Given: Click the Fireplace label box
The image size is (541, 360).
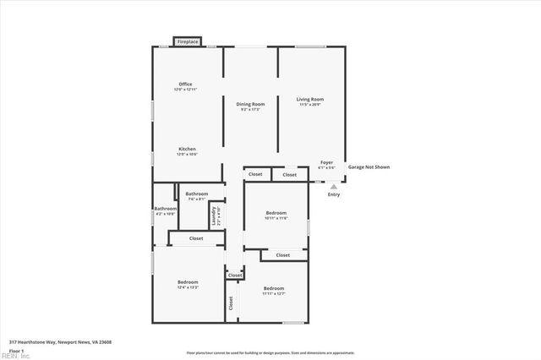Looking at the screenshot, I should (187, 41).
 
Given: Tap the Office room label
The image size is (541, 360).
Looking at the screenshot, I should (185, 85).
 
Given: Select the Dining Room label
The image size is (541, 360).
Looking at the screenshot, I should (250, 104).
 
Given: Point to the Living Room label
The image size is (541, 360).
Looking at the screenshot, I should (310, 100).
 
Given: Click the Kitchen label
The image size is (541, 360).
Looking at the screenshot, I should (187, 149).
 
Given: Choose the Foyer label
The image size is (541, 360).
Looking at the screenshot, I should (326, 162).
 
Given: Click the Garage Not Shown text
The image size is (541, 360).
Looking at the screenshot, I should (368, 166).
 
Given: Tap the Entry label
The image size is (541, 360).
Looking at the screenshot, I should (334, 195).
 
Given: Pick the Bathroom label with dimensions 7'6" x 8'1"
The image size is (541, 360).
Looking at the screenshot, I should (197, 194).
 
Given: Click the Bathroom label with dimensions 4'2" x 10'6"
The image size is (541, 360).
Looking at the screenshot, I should (165, 209).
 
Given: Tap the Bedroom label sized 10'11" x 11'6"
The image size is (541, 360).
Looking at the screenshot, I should (276, 213).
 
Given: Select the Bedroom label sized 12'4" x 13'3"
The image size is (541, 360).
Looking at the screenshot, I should (188, 282).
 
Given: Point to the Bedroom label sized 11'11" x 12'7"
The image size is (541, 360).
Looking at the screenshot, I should (273, 288).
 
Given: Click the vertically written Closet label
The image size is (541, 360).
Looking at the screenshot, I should (231, 303).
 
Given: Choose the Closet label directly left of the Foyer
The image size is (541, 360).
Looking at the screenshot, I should (290, 175).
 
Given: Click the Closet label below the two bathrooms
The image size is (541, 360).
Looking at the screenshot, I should (196, 239).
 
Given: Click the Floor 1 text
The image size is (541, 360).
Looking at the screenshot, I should (17, 350).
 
